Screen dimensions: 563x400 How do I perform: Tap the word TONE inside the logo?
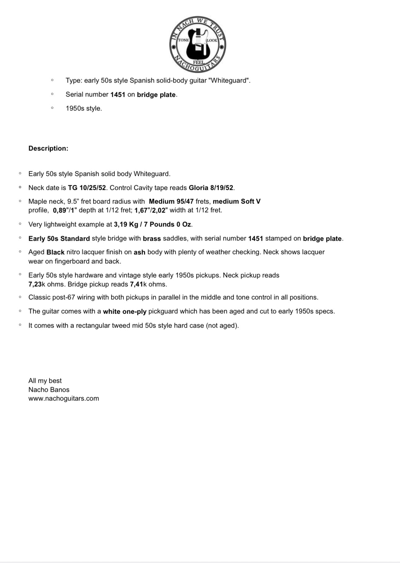coord(183,40)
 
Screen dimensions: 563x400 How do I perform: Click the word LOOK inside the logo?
coord(212,40)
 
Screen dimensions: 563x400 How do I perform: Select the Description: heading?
coord(48,148)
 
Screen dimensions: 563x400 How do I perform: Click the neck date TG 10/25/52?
coord(87,188)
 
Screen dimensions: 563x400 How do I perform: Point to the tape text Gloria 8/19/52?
coord(211,188)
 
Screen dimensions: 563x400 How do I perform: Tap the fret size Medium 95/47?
coord(171,201)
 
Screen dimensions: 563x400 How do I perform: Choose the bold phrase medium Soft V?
coord(237,201)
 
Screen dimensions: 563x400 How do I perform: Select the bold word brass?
coord(152,239)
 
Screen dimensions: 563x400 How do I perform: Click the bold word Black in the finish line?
coord(56,252)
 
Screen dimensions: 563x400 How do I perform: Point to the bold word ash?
coord(139,252)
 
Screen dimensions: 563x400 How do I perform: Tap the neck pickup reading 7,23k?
coord(37,284)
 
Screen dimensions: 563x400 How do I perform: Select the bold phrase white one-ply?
coord(125,311)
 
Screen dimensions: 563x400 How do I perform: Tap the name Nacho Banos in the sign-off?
coord(49,390)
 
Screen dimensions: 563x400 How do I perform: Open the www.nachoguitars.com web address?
coord(64,398)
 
